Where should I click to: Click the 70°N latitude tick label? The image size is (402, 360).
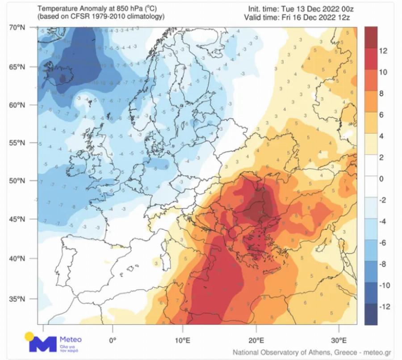click(17, 28)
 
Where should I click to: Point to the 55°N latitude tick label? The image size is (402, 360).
click(17, 143)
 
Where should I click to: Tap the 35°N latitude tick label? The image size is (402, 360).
click(17, 299)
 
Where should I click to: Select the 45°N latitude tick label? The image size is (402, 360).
click(17, 219)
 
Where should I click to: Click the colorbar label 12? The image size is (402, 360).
click(383, 51)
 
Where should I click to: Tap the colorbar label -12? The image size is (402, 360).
click(384, 307)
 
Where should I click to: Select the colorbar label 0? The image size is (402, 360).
click(381, 179)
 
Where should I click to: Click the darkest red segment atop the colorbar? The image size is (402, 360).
click(370, 38)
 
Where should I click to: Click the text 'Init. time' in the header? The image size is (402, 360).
click(263, 9)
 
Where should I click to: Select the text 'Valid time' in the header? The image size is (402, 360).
click(260, 17)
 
